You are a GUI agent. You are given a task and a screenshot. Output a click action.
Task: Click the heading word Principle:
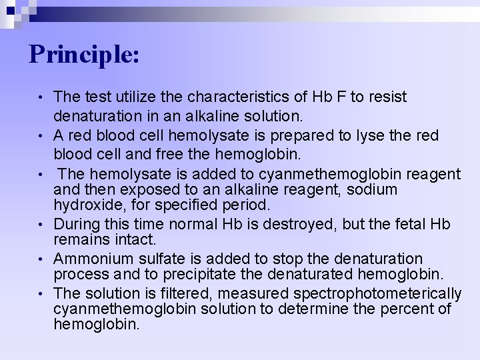tap(84, 54)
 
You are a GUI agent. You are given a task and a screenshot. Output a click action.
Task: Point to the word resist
tap(387, 97)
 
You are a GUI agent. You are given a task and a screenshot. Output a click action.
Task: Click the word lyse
tap(364, 135)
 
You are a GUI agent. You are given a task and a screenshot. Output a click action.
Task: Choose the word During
tap(77, 223)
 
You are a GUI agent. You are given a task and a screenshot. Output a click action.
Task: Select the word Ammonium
tap(89, 258)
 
